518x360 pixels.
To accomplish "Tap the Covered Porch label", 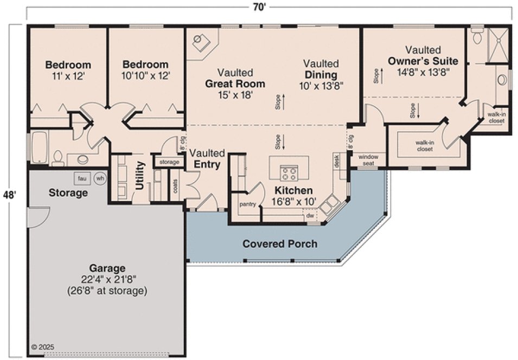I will click(x=279, y=243).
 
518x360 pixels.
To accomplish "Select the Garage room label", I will click(x=107, y=268).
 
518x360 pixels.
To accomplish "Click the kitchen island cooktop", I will click(x=289, y=173).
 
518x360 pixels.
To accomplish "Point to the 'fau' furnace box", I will click(x=82, y=178).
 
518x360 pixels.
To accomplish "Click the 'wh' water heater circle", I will click(x=100, y=178).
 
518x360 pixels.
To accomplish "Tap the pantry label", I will click(x=247, y=204).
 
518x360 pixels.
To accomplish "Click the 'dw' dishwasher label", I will click(x=310, y=215).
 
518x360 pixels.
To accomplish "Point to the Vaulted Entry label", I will click(x=207, y=159).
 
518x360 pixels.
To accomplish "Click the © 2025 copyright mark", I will click(x=43, y=346).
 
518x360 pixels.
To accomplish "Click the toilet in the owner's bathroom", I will click(x=477, y=36).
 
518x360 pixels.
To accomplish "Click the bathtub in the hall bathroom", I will click(x=40, y=146).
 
